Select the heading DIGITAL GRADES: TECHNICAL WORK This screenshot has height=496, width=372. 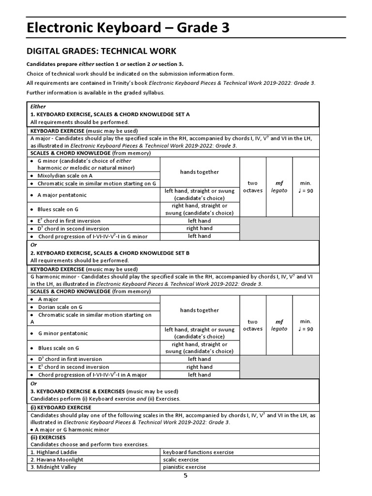[x=101, y=51]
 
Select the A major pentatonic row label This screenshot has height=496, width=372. [x=62, y=195]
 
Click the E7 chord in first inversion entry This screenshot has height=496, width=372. [x=69, y=221]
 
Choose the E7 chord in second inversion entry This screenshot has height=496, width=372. [x=73, y=367]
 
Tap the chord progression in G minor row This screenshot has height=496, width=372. [x=92, y=236]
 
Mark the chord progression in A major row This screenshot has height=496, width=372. [x=92, y=375]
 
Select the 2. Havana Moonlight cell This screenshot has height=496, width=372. [x=57, y=460]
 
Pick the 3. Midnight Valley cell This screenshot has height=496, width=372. [x=53, y=467]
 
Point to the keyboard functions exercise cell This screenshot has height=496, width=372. [x=198, y=452]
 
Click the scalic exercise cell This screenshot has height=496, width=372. [x=181, y=460]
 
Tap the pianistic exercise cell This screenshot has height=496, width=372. [x=184, y=467]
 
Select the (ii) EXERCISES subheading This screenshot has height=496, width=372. [x=48, y=437]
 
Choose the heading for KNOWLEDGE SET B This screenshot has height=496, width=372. [x=110, y=253]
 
